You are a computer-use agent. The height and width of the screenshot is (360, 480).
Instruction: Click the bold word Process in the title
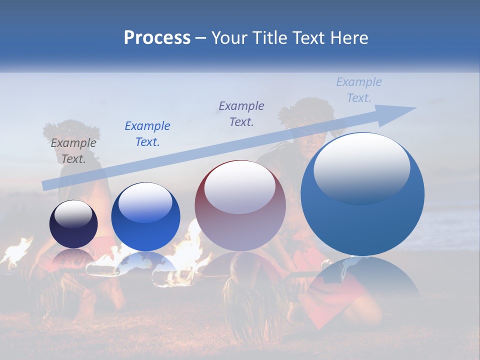pyautogui.click(x=157, y=38)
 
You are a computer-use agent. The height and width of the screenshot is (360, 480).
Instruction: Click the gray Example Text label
pyautogui.click(x=73, y=151)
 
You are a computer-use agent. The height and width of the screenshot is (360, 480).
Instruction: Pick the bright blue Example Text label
pyautogui.click(x=147, y=134)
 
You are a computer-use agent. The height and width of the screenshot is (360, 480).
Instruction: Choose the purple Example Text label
pyautogui.click(x=241, y=114)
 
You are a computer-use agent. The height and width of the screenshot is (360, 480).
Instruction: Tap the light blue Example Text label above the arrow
pyautogui.click(x=358, y=90)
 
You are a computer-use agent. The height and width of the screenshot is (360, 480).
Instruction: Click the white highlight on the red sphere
pyautogui.click(x=240, y=187)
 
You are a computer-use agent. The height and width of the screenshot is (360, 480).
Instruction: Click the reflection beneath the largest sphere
pyautogui.click(x=362, y=280)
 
